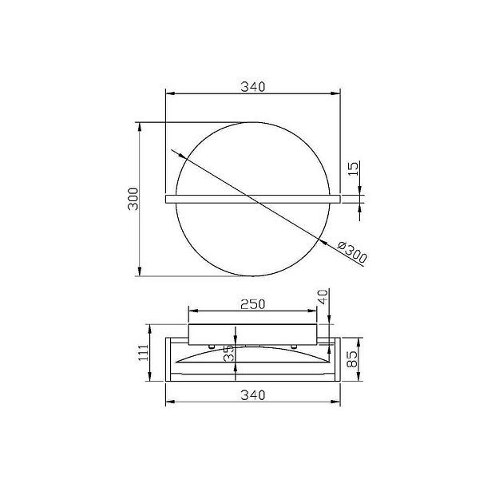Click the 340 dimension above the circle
pos(252,85)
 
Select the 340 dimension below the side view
pos(252,394)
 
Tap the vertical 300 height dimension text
pos(133,199)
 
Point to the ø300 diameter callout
pos(352,252)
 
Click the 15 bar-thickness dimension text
pos(354,168)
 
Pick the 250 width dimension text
pos(252,303)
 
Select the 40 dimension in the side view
pos(323,296)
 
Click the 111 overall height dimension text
pos(143,351)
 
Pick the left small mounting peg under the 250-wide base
pos(210,347)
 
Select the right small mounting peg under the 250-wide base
pos(294,347)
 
